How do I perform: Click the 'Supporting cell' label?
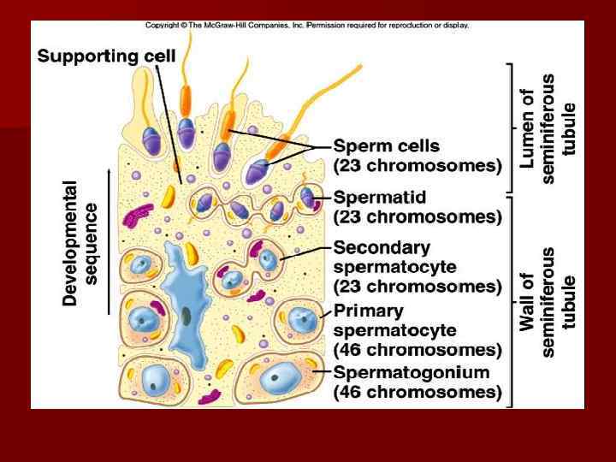[106, 56]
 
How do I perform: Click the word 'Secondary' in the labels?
[382, 248]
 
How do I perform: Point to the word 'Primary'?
[368, 311]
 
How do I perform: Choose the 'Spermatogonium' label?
[412, 372]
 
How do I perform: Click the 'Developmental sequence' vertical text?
[80, 242]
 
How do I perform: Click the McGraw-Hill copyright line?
[306, 25]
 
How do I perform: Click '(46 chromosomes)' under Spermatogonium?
[418, 393]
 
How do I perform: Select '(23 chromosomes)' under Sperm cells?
[418, 165]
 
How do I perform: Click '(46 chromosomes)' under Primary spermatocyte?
[418, 350]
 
